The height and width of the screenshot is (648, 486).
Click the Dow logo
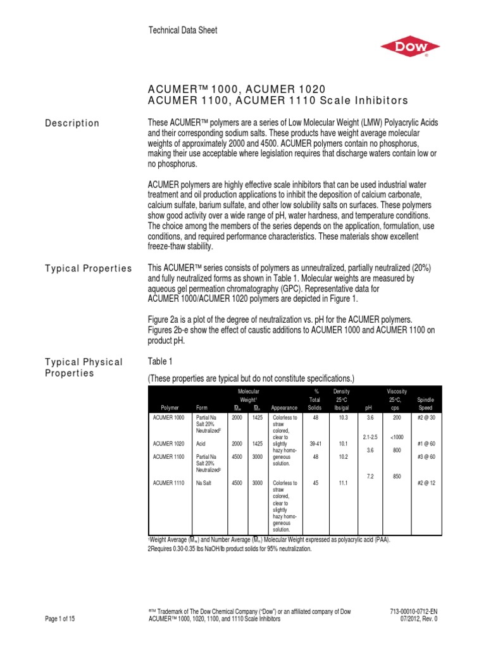click(409, 48)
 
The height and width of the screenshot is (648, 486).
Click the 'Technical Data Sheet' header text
click(182, 30)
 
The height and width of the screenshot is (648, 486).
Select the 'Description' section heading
click(72, 123)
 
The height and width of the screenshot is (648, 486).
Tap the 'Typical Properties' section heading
click(88, 268)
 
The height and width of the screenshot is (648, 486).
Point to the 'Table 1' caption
click(160, 361)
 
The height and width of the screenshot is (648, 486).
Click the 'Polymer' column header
click(170, 408)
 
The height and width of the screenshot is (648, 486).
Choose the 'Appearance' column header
click(283, 408)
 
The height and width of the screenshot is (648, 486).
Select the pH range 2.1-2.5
click(371, 437)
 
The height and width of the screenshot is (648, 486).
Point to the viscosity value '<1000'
click(397, 437)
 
